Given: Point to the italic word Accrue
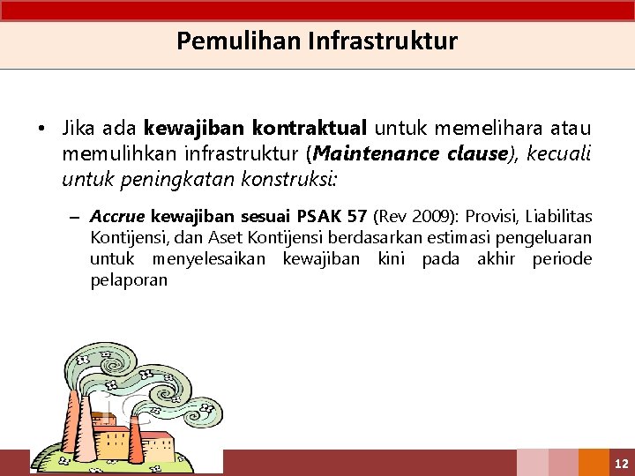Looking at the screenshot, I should (118, 217).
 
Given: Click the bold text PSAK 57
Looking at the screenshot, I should (332, 217).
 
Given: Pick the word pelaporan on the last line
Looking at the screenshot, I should (128, 280).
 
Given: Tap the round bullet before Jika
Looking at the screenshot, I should (41, 130).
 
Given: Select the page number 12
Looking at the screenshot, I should (621, 463).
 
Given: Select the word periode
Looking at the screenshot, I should (562, 259).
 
